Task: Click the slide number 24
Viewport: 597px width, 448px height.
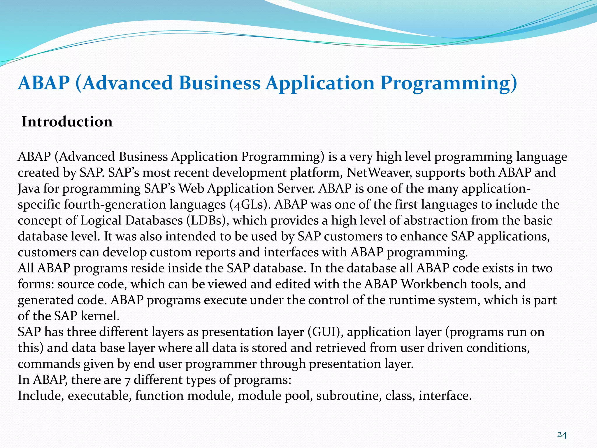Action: [x=562, y=427]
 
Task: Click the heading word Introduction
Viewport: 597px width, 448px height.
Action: [x=67, y=122]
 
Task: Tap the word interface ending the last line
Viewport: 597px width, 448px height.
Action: [x=445, y=396]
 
